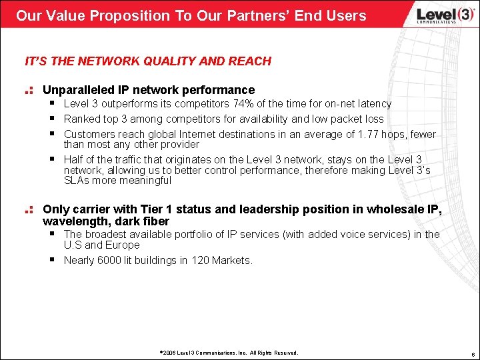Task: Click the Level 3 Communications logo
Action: [x=437, y=15]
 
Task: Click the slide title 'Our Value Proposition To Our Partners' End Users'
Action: [x=191, y=15]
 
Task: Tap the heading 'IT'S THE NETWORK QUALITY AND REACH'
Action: [x=148, y=61]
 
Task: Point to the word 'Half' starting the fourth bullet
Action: [x=74, y=159]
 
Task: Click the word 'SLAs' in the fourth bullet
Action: [x=76, y=180]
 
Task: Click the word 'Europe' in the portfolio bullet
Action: [x=123, y=245]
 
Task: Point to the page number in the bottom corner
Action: [x=470, y=353]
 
